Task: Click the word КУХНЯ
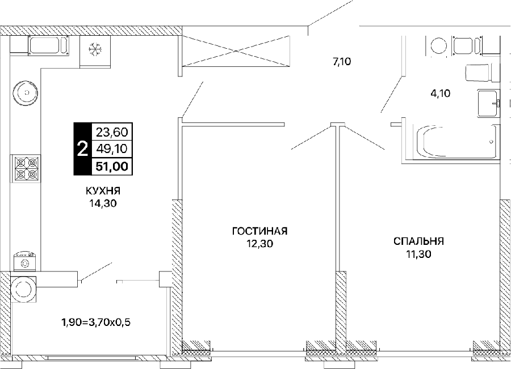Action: coord(103,190)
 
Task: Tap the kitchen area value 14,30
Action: coord(103,203)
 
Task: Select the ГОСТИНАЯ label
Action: coord(259,231)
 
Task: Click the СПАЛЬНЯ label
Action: coord(419,241)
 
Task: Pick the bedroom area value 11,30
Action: coord(419,253)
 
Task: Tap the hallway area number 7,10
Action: coord(342,61)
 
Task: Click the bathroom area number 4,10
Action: coord(440,94)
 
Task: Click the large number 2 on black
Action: coord(82,150)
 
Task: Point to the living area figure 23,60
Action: coord(112,132)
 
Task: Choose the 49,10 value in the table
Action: coord(112,149)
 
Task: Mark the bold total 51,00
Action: coord(112,166)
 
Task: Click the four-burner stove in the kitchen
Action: coord(27,168)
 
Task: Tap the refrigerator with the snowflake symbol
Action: coord(95,52)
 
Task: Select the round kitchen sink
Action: coord(26,93)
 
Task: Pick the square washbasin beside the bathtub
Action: coord(488,103)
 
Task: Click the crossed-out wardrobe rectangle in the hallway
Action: coord(236,51)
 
